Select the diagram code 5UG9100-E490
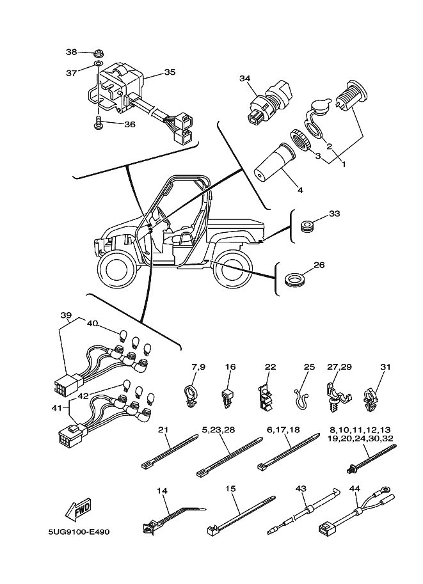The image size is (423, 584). click(x=79, y=532)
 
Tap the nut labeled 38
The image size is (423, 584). click(x=99, y=52)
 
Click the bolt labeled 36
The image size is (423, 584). click(x=99, y=123)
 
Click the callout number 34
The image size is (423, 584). click(x=245, y=78)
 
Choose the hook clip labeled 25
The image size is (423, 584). click(x=303, y=399)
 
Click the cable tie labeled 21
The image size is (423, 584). click(x=170, y=451)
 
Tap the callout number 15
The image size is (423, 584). click(x=230, y=488)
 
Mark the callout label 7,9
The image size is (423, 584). click(x=198, y=367)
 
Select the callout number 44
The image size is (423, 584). click(x=355, y=488)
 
